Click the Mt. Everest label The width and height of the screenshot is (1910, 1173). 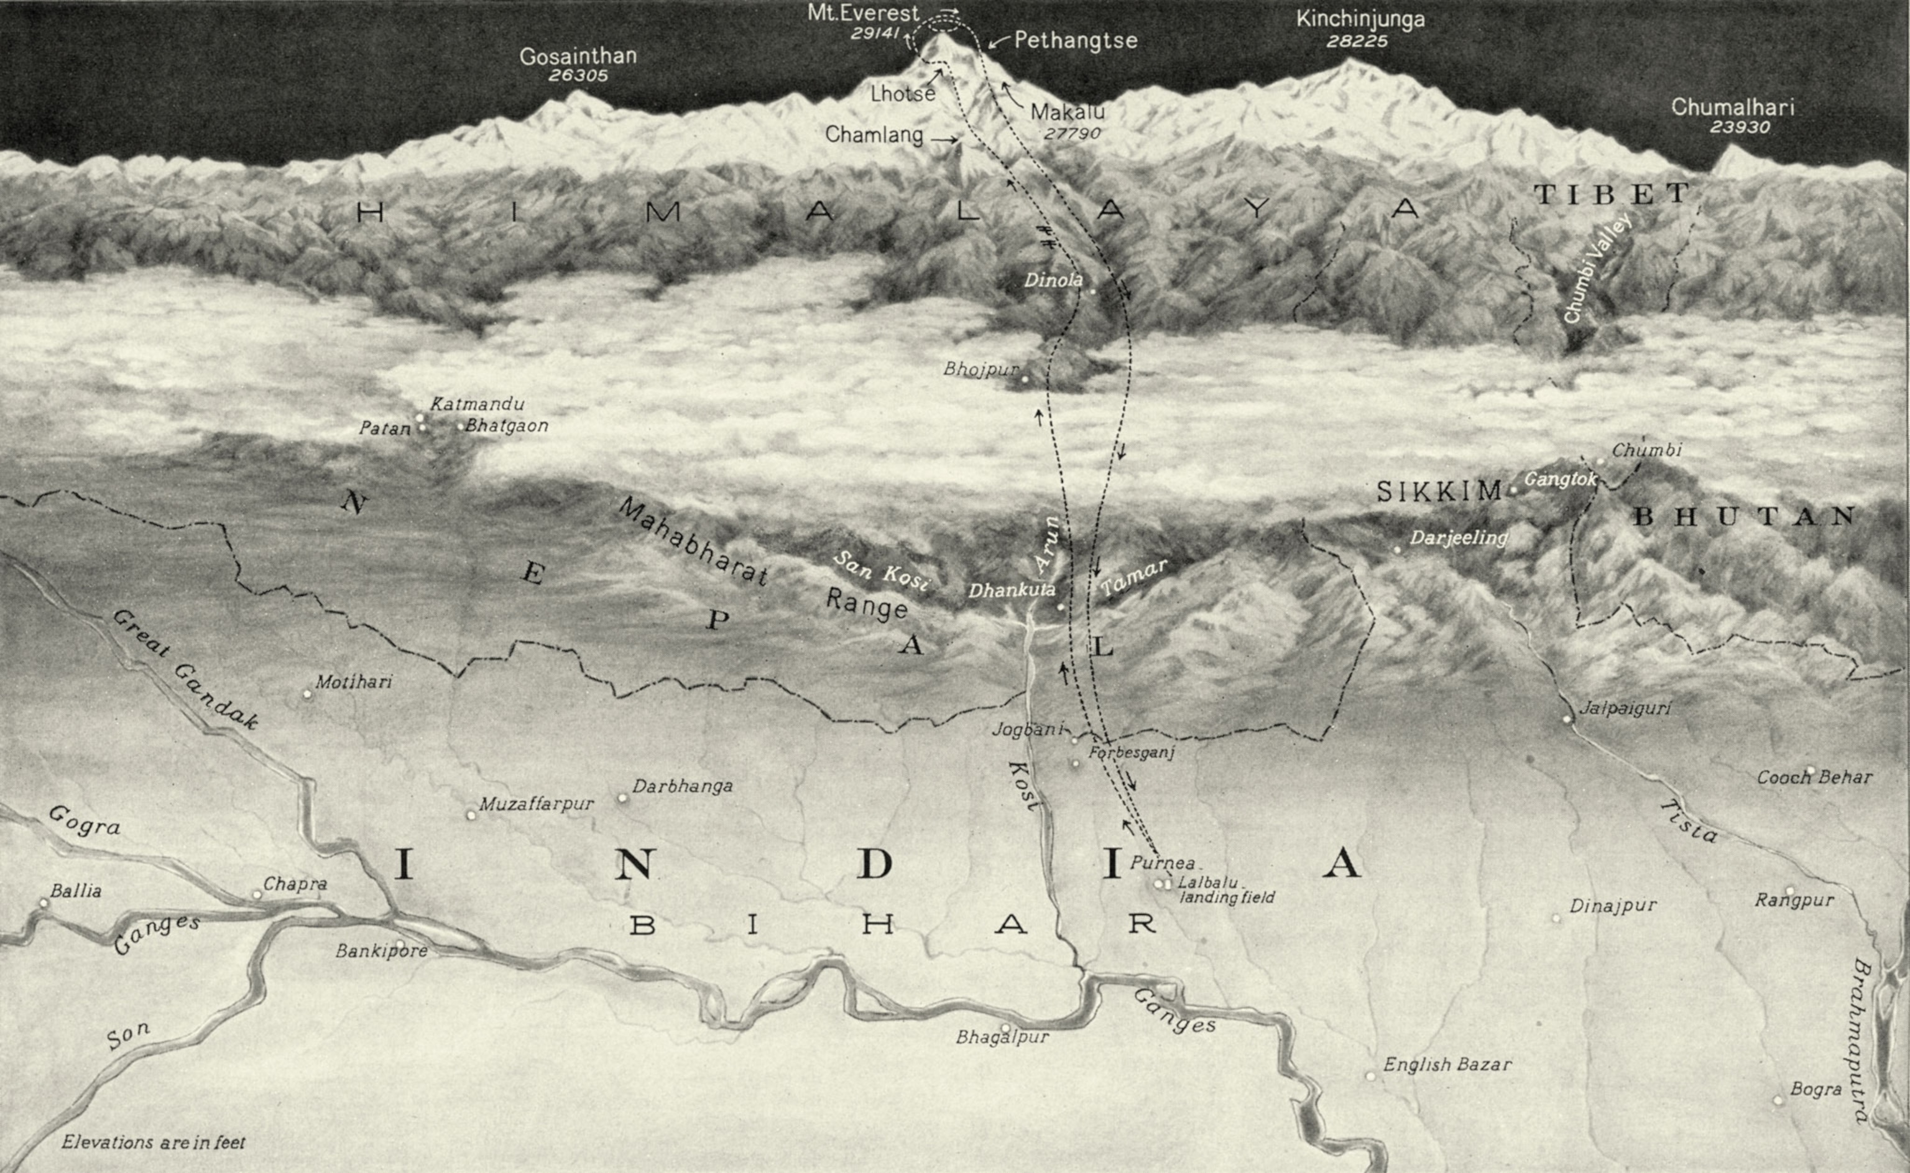coord(862,14)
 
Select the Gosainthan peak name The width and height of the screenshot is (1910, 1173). coord(578,56)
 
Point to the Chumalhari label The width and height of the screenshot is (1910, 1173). coord(1732,107)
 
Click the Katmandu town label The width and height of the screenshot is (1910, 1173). coord(477,404)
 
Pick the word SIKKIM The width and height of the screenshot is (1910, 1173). coord(1440,491)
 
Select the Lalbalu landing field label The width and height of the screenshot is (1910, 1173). coord(1225,890)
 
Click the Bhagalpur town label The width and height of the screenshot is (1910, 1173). coord(1002,1037)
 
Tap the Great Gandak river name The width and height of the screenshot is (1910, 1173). coord(185,669)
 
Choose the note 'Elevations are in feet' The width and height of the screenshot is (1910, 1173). coord(154,1142)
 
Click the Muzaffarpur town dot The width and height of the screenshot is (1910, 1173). coord(470,815)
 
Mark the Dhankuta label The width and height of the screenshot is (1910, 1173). coord(1011,590)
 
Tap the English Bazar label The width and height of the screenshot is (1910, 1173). coord(1447,1064)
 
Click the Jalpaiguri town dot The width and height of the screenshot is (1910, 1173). coord(1566,719)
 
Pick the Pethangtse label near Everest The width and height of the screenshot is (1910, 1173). coord(1075,40)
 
